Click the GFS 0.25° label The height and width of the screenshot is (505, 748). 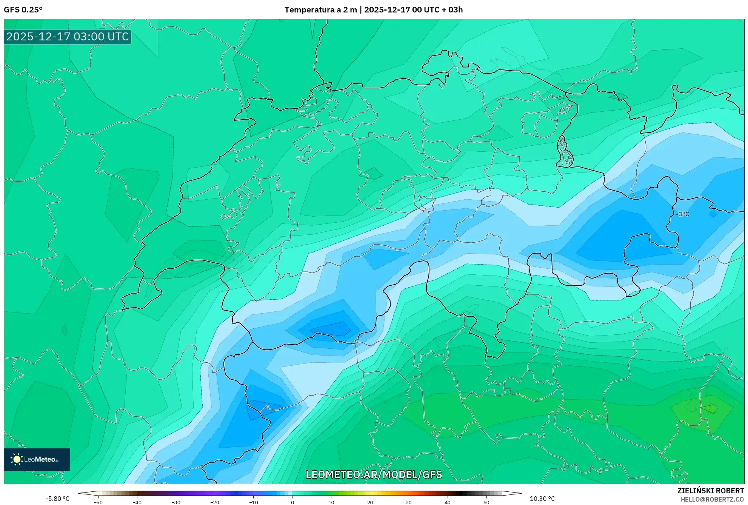click(23, 10)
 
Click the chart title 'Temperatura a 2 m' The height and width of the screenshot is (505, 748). click(320, 10)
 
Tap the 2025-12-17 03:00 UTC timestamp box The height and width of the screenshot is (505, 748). click(68, 37)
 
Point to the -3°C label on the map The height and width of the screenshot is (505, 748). click(682, 214)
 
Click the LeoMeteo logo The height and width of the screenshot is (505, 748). click(37, 459)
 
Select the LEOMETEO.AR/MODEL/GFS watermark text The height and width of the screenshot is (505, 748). click(374, 474)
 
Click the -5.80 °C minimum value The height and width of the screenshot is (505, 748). click(57, 499)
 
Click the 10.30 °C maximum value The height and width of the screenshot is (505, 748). click(542, 499)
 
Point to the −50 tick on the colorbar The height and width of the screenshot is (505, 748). click(98, 502)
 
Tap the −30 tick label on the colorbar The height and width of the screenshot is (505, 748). click(176, 502)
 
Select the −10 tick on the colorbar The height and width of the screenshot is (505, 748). click(254, 502)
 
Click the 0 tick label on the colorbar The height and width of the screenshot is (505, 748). click(292, 502)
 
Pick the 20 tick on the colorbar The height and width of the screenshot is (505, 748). click(370, 502)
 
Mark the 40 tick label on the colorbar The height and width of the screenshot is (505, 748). click(448, 502)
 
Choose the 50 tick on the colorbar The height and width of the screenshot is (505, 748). click(486, 502)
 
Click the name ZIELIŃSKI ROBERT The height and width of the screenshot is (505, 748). click(710, 491)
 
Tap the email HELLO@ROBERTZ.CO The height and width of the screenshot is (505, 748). click(712, 499)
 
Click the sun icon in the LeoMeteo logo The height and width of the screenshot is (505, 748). click(17, 459)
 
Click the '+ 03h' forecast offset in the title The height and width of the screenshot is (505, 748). click(452, 10)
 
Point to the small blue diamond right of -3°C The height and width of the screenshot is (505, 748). click(713, 214)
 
